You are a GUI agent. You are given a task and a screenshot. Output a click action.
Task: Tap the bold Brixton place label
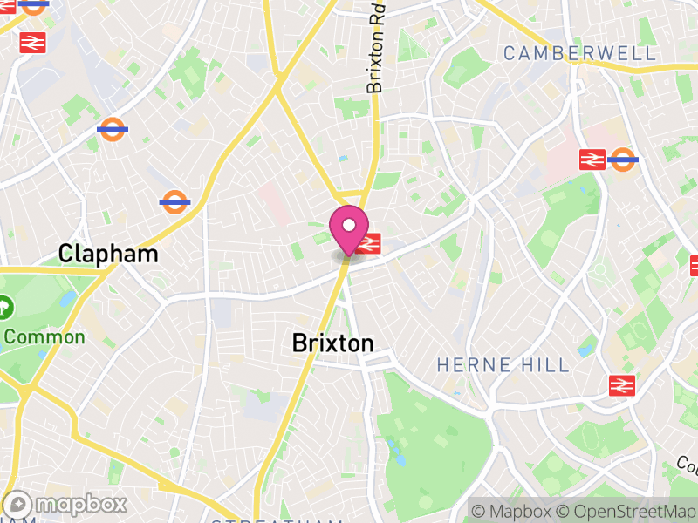coord(332,343)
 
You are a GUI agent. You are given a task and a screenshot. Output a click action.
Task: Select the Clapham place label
coord(108,254)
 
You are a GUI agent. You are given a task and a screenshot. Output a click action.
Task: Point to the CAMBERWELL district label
coord(579,53)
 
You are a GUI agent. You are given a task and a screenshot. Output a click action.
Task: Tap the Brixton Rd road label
coord(376,52)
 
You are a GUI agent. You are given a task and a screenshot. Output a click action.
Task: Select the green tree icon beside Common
coord(4,307)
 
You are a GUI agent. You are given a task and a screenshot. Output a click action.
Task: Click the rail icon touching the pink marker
coord(368,243)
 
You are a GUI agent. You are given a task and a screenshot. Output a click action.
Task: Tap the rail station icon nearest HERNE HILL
coord(622,384)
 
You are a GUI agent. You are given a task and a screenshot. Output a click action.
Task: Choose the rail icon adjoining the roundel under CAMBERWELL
coord(592,159)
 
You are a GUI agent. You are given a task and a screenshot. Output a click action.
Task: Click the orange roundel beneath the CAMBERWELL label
coord(622,159)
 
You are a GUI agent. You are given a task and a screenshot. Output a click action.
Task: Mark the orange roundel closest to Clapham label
coord(175,202)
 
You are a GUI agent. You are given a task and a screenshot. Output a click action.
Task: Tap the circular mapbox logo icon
coord(19,504)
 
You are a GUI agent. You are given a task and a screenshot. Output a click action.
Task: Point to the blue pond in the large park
coord(398,448)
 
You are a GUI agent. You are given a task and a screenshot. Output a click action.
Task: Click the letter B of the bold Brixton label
coord(299,343)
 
